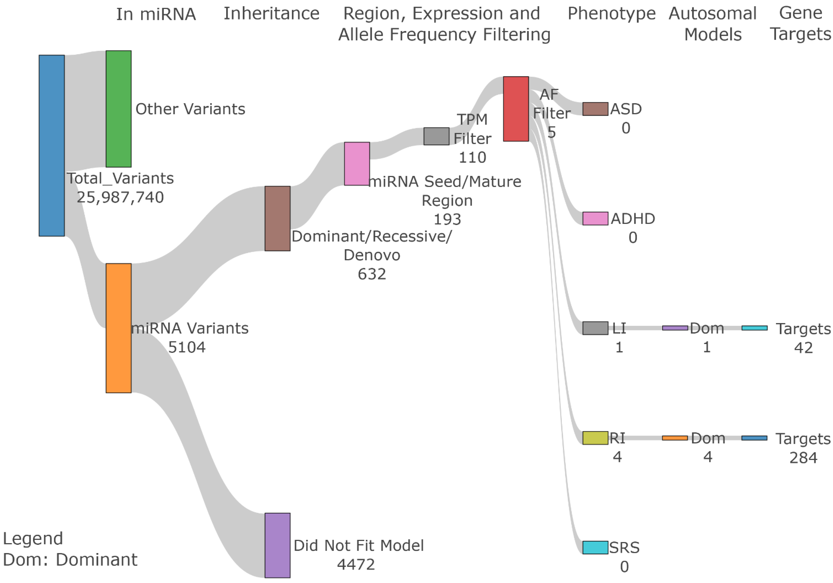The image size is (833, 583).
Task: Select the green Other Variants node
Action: pyautogui.click(x=118, y=109)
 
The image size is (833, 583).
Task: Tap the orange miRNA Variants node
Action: pyautogui.click(x=118, y=328)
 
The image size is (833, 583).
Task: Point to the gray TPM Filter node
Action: pyautogui.click(x=436, y=136)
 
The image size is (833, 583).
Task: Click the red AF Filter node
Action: pyautogui.click(x=516, y=109)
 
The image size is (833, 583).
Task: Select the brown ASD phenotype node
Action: pyautogui.click(x=595, y=109)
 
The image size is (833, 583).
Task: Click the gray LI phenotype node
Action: pyautogui.click(x=595, y=328)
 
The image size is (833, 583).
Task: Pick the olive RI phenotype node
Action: pyautogui.click(x=595, y=438)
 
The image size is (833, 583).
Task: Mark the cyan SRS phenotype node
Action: pyautogui.click(x=595, y=547)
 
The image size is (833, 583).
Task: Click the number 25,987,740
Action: pyautogui.click(x=120, y=197)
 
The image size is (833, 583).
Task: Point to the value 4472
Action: pyautogui.click(x=356, y=564)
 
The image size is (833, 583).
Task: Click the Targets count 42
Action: pyautogui.click(x=803, y=348)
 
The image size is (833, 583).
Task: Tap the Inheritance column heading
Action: pyautogui.click(x=271, y=14)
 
